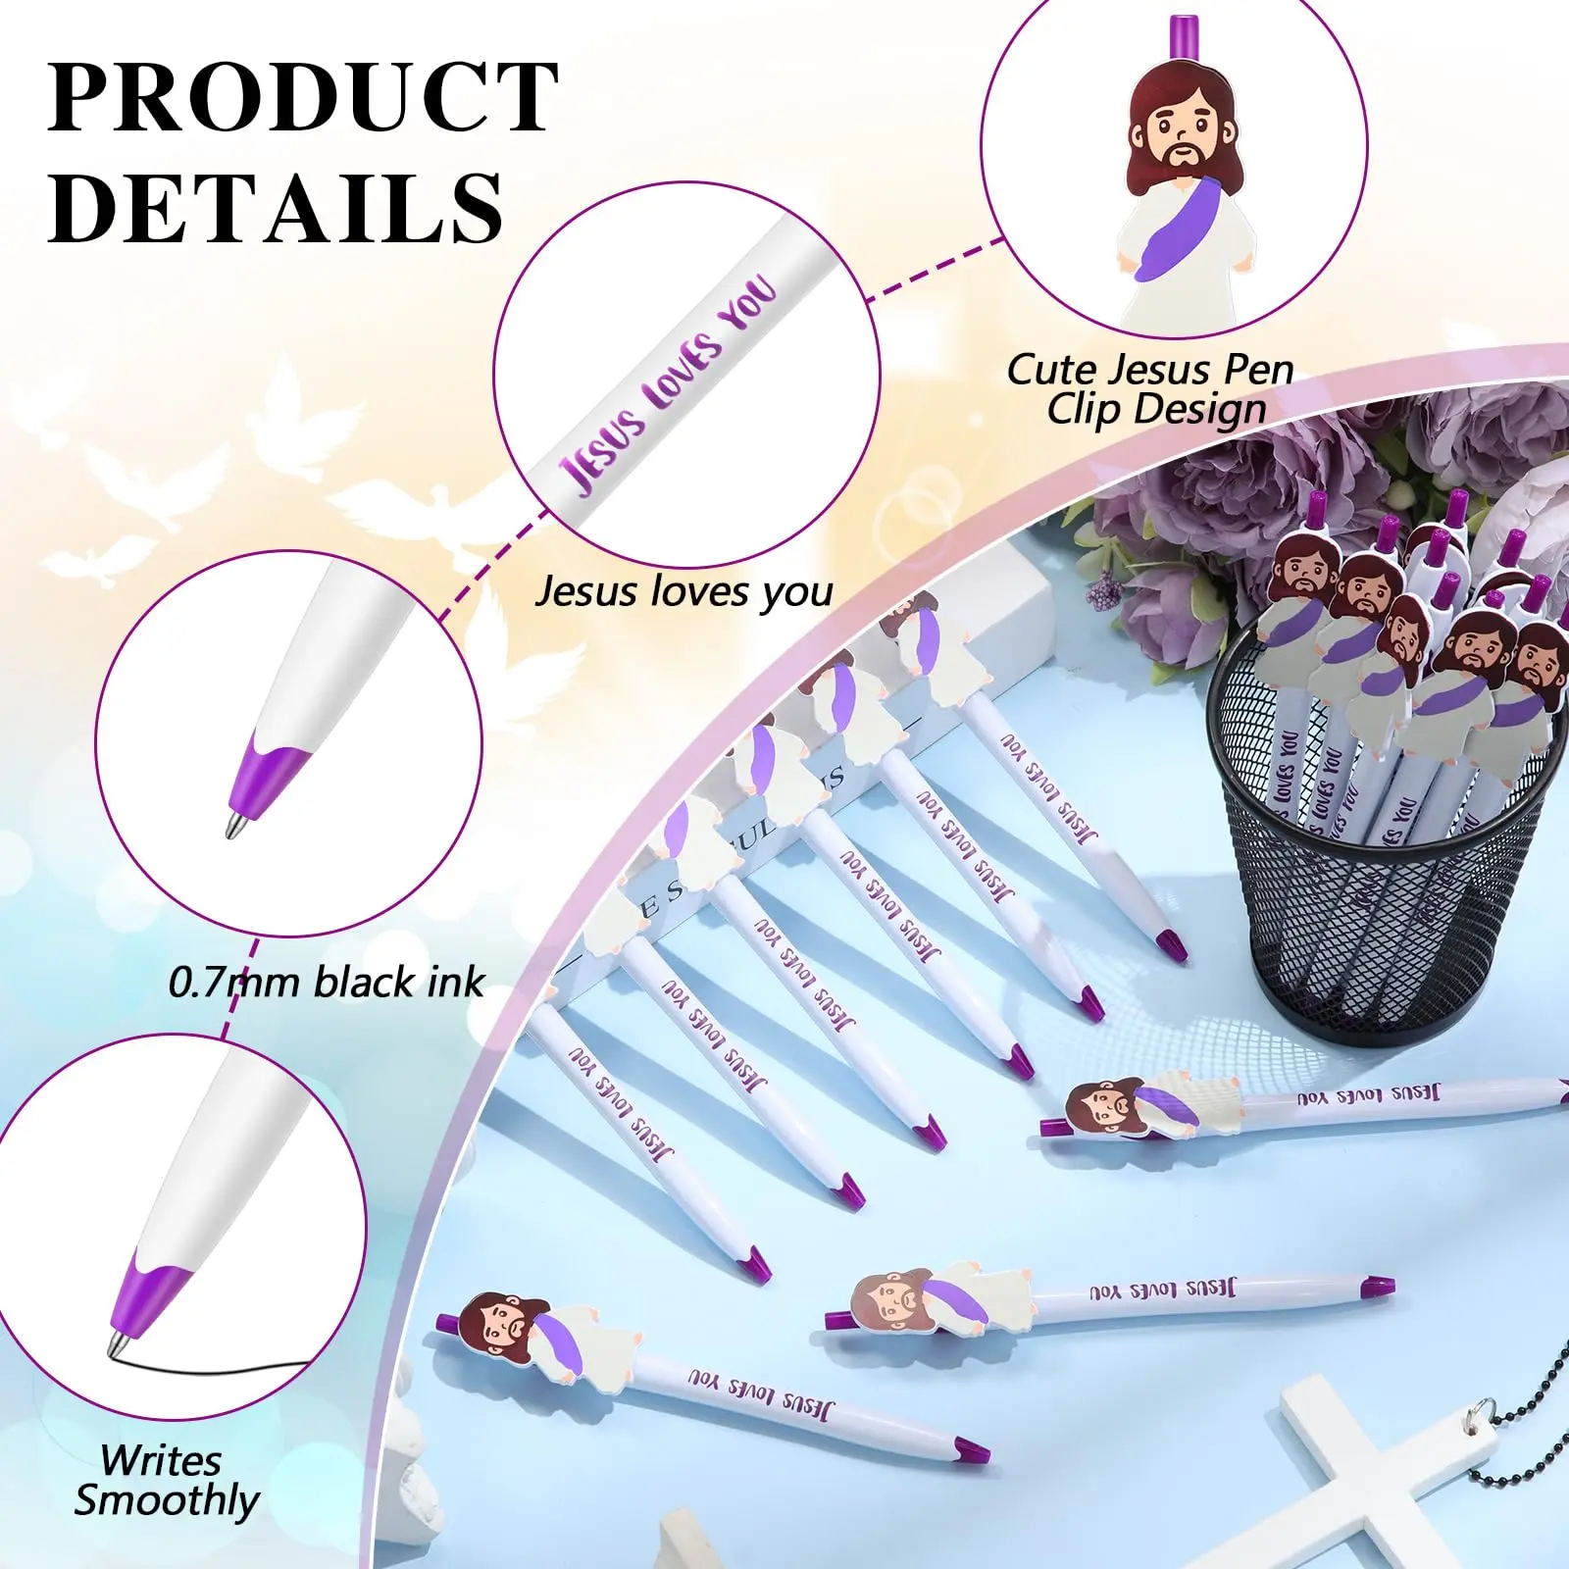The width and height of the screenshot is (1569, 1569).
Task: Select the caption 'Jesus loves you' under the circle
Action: [683, 591]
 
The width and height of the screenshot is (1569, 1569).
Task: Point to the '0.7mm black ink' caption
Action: [327, 982]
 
